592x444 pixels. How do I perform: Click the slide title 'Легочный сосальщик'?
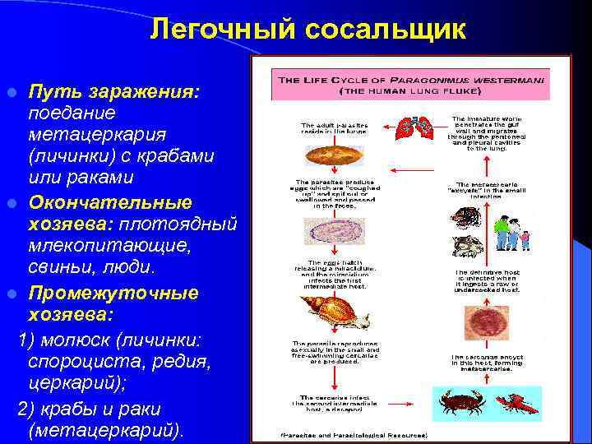point(308,30)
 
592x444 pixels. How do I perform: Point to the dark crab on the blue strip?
point(456,403)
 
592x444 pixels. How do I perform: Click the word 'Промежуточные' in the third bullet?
point(113,293)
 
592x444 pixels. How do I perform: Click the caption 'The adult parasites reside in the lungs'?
point(333,130)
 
